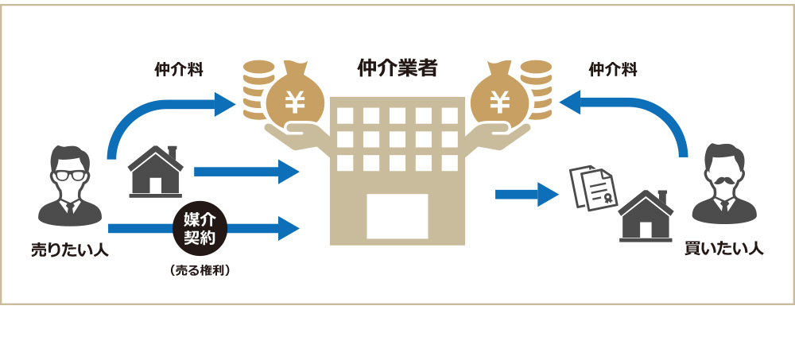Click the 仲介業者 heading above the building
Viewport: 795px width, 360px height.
pyautogui.click(x=397, y=68)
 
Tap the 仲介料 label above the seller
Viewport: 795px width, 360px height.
pyautogui.click(x=178, y=70)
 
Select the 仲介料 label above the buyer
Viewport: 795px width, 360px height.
pyautogui.click(x=612, y=70)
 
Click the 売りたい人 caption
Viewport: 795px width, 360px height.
pyautogui.click(x=69, y=250)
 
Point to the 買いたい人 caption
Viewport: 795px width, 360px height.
pyautogui.click(x=723, y=249)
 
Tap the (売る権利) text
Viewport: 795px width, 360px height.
pyautogui.click(x=200, y=270)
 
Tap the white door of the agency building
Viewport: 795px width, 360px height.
pyautogui.click(x=397, y=215)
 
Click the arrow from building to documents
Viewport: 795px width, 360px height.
pyautogui.click(x=525, y=193)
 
